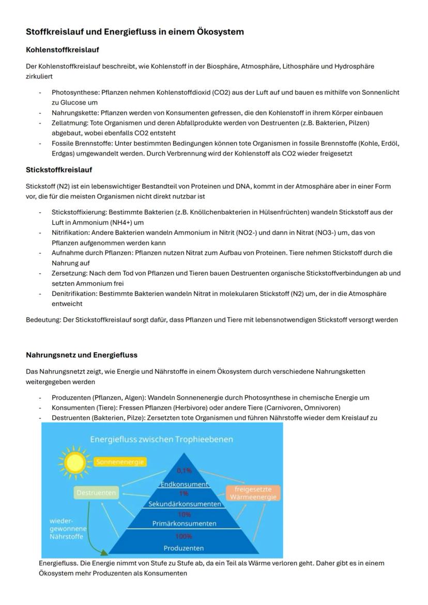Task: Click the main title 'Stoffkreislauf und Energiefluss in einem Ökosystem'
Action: pyautogui.click(x=135, y=32)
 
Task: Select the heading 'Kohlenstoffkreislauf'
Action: pyautogui.click(x=63, y=50)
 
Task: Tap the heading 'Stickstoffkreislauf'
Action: pyautogui.click(x=59, y=169)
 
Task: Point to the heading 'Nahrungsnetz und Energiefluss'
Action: pyautogui.click(x=82, y=355)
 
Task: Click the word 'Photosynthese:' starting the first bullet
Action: pyautogui.click(x=75, y=92)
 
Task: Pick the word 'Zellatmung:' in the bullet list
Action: pyautogui.click(x=70, y=123)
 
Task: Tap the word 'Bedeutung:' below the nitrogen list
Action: pyautogui.click(x=43, y=320)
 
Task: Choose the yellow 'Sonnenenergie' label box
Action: pyautogui.click(x=120, y=462)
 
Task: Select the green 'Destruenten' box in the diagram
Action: pyautogui.click(x=96, y=493)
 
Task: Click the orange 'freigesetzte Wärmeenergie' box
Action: pyautogui.click(x=253, y=493)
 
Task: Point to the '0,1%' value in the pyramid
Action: pyautogui.click(x=184, y=471)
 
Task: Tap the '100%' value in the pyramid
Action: pyautogui.click(x=184, y=536)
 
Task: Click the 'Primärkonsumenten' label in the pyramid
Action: pyautogui.click(x=184, y=523)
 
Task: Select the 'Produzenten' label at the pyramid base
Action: pyautogui.click(x=184, y=548)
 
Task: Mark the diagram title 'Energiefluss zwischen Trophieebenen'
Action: pyautogui.click(x=161, y=439)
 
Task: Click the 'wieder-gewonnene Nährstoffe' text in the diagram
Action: pyautogui.click(x=67, y=529)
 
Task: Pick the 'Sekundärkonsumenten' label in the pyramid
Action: pyautogui.click(x=185, y=504)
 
